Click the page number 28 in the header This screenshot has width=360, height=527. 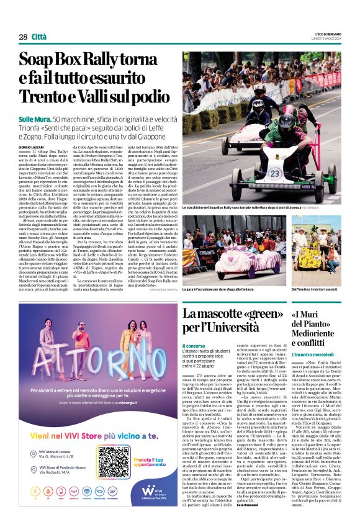tap(23, 37)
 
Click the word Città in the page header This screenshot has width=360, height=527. tap(39, 37)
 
